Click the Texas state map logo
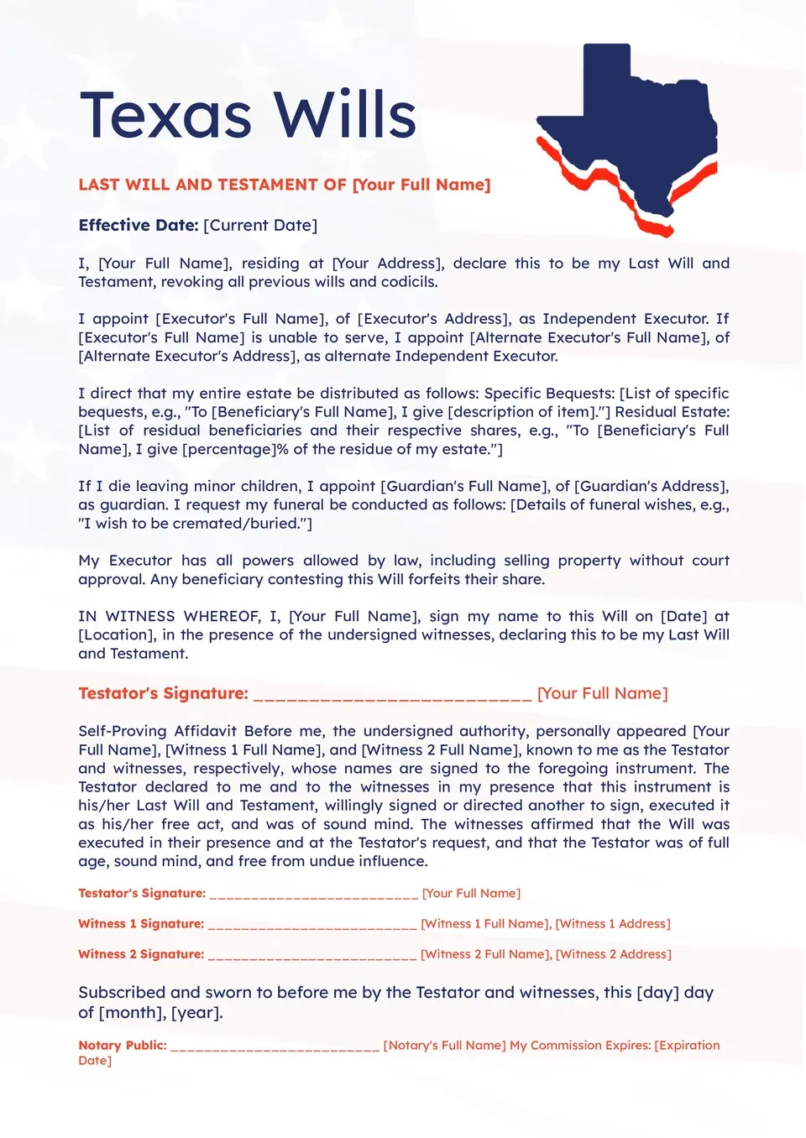click(628, 134)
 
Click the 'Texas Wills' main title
click(248, 115)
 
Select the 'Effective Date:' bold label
click(138, 225)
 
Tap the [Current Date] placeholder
click(260, 225)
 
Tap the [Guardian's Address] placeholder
click(651, 486)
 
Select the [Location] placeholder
click(116, 634)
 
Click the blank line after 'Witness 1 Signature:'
click(311, 925)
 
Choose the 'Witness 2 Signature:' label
click(141, 954)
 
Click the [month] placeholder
click(131, 1012)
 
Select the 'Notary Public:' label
click(123, 1045)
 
